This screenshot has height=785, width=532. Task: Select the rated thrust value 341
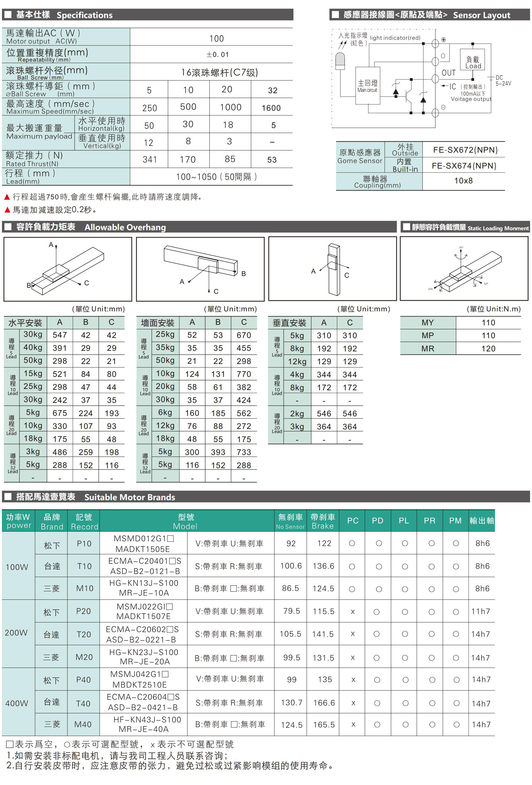150,160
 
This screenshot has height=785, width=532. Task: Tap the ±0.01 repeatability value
218,54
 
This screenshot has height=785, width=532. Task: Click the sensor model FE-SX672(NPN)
465,150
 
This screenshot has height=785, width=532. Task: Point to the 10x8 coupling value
463,181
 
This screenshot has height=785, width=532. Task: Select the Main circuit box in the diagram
367,86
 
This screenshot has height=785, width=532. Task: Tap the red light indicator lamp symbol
340,61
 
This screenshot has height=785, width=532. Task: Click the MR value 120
488,349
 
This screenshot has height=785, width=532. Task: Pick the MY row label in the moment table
427,323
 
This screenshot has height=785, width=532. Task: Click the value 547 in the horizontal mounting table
60,335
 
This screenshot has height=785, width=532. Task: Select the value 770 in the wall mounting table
244,374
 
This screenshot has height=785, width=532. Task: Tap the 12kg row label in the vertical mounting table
297,362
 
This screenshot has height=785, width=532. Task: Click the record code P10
84,544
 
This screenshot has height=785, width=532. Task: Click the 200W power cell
16,633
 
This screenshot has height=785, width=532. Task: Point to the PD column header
378,521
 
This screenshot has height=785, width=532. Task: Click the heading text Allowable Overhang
125,227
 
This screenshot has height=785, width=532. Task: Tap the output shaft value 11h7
480,611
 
